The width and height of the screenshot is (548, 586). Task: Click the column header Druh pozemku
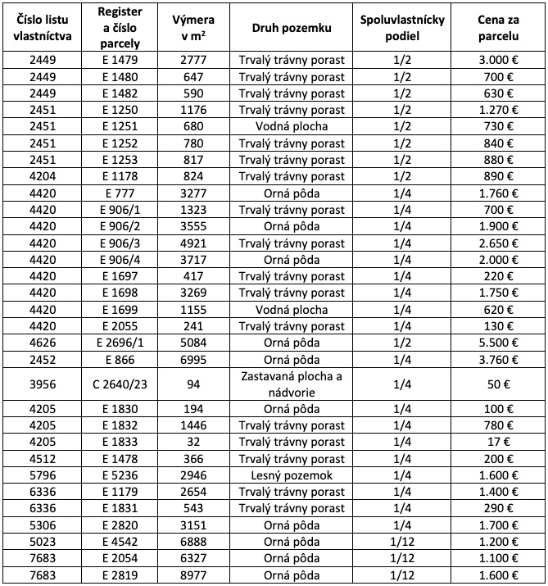pyautogui.click(x=292, y=27)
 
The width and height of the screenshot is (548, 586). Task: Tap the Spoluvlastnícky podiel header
pyautogui.click(x=402, y=27)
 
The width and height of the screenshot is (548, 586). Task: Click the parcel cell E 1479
pyautogui.click(x=122, y=60)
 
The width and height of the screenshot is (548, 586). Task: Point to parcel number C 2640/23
pyautogui.click(x=122, y=384)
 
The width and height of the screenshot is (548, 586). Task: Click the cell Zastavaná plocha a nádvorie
pyautogui.click(x=292, y=384)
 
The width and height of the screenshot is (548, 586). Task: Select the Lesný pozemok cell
pyautogui.click(x=292, y=475)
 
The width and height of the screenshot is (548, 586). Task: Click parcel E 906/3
pyautogui.click(x=122, y=243)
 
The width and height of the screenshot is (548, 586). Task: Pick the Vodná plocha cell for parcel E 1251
pyautogui.click(x=292, y=126)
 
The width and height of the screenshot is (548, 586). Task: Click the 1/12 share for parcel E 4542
pyautogui.click(x=402, y=542)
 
